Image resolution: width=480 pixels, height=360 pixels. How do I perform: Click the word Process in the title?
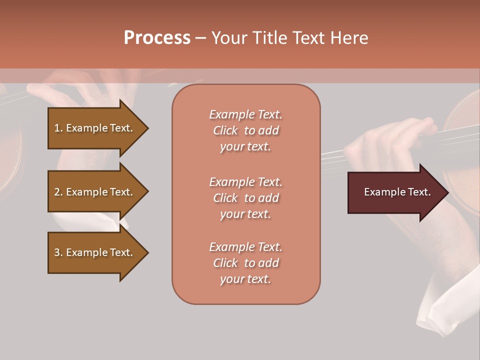pos(157,38)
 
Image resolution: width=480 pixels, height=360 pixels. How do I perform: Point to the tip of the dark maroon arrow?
pos(447,192)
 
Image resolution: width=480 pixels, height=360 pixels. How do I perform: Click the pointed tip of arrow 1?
pos(147,128)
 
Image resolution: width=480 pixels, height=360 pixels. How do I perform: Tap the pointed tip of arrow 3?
pos(147,252)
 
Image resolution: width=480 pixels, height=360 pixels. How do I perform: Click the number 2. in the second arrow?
pos(58,192)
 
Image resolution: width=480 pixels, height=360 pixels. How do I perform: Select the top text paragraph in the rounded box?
pos(245,130)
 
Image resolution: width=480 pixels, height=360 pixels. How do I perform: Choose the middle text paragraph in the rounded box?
pos(245,198)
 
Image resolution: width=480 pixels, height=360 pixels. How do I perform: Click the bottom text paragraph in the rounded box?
pos(245,263)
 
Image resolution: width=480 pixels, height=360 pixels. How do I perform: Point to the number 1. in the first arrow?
pos(58,128)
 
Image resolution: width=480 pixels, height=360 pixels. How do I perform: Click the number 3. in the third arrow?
pos(58,252)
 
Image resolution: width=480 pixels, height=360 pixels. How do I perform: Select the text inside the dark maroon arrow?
pos(397,192)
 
